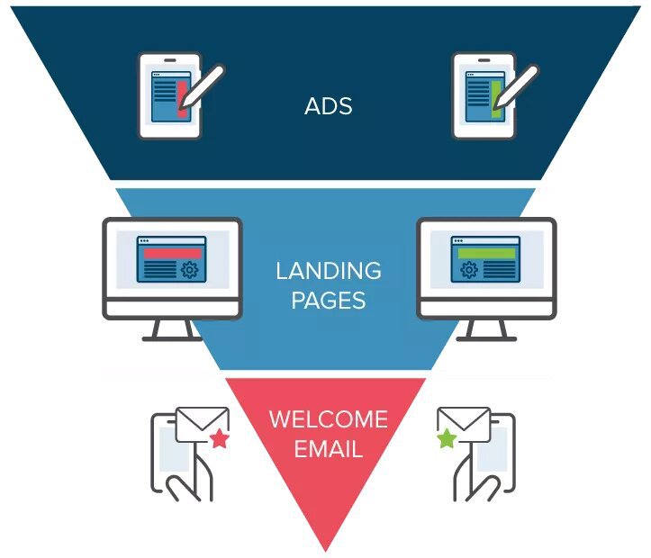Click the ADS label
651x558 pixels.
(329, 106)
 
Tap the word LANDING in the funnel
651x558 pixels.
(329, 271)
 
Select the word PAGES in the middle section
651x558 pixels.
(329, 301)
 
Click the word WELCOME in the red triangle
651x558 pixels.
(329, 419)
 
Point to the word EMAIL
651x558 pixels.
(329, 449)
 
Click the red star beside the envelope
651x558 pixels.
(220, 439)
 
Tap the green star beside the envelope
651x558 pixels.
(448, 438)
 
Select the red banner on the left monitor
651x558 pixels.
(172, 254)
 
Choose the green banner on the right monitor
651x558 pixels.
(486, 254)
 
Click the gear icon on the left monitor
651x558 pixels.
(190, 270)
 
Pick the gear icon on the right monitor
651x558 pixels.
(469, 270)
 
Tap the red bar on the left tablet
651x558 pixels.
(182, 99)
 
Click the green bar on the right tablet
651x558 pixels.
(496, 99)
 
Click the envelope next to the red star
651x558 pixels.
(203, 425)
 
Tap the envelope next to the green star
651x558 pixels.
(465, 425)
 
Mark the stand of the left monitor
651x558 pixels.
(172, 330)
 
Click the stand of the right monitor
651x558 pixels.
(486, 330)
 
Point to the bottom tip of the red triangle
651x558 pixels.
(326, 552)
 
